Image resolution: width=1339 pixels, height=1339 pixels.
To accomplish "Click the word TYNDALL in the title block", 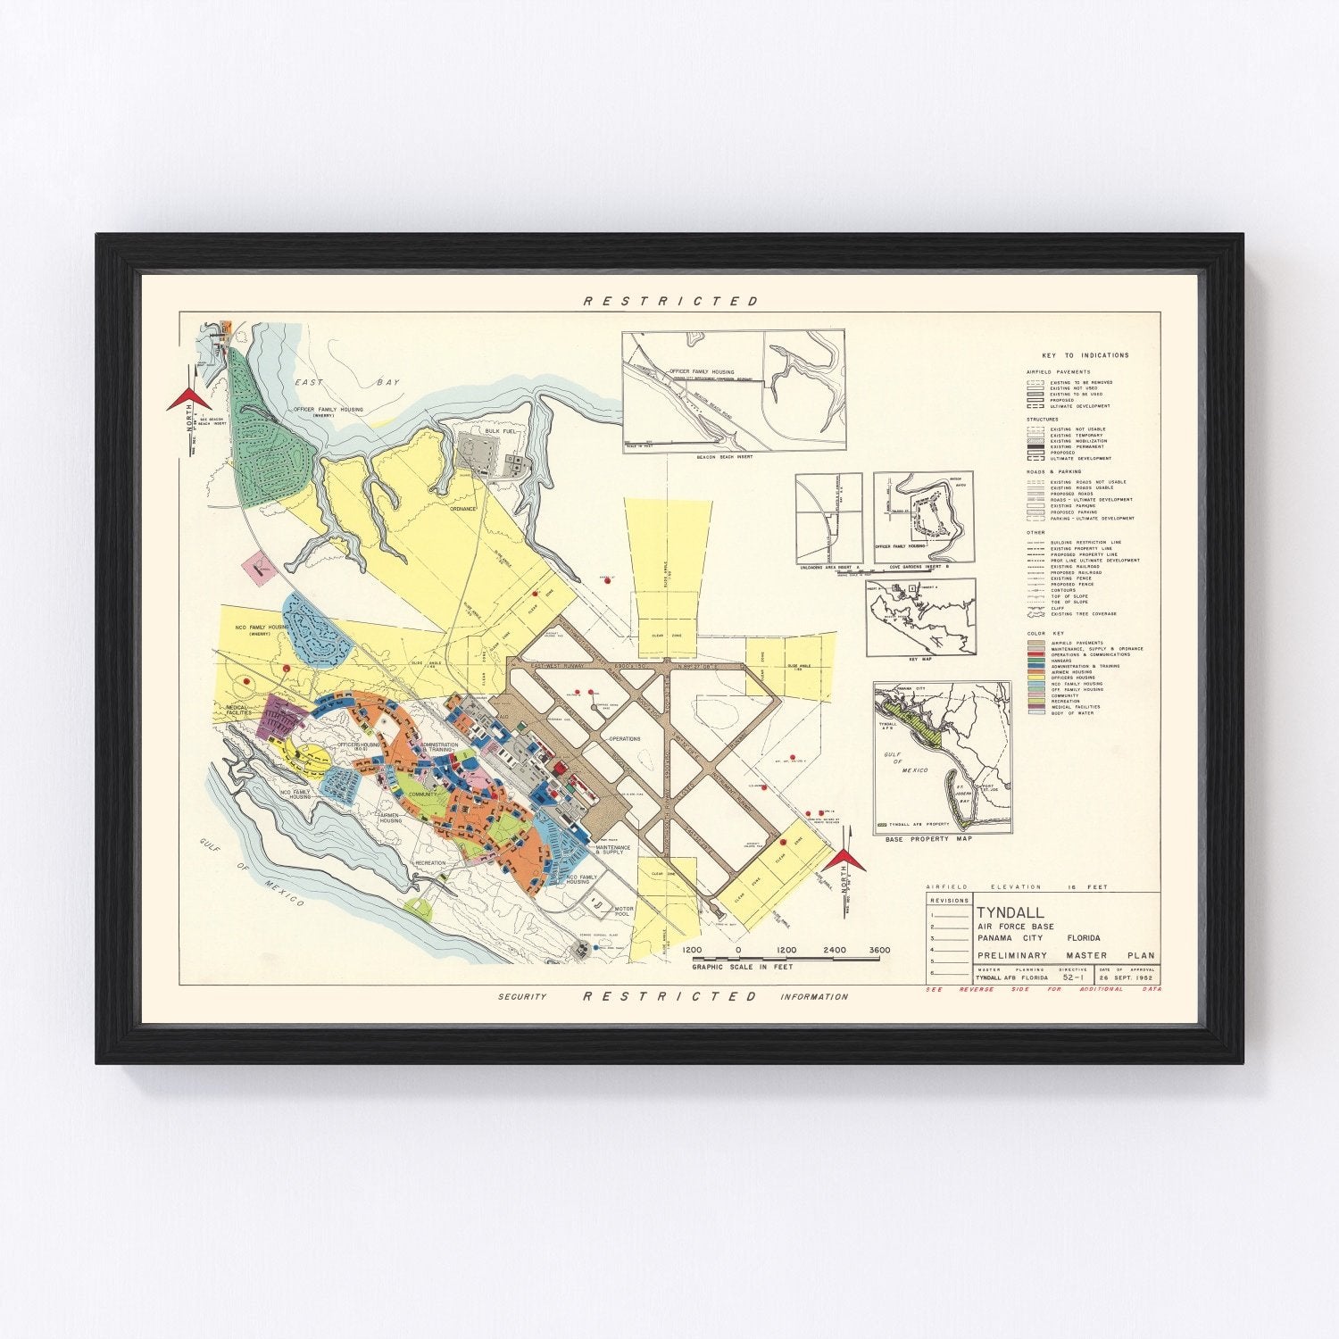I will click(x=1006, y=913).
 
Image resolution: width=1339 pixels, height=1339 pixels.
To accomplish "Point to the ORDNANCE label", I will click(x=463, y=509).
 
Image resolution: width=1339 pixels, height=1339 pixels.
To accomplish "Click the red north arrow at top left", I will click(x=189, y=397).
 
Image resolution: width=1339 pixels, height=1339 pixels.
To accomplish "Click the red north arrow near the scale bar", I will click(x=844, y=861).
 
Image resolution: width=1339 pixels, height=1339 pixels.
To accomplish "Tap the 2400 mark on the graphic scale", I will click(x=834, y=951).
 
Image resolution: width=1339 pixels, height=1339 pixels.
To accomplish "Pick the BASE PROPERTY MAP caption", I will click(x=927, y=840).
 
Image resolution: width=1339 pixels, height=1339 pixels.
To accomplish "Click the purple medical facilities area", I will click(x=281, y=716).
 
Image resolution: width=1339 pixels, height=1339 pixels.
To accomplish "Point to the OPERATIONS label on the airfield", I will click(x=625, y=739).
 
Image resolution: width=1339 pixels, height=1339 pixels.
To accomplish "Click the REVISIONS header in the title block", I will click(x=948, y=901).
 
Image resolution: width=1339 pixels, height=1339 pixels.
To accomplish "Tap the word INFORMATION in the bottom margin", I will click(x=814, y=997).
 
